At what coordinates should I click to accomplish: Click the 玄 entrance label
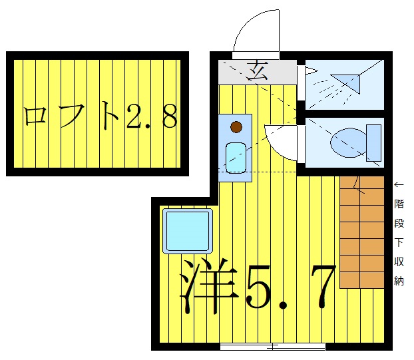point(256,69)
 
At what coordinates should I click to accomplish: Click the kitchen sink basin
point(236,157)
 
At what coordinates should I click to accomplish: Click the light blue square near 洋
point(187,230)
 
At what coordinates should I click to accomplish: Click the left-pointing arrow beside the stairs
point(399,184)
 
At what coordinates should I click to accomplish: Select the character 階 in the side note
point(399,204)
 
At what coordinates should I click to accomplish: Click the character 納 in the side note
point(399,280)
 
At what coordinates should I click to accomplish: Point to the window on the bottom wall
point(272,346)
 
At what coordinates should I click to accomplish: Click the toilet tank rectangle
point(373,140)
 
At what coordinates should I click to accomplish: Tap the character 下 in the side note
point(399,242)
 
